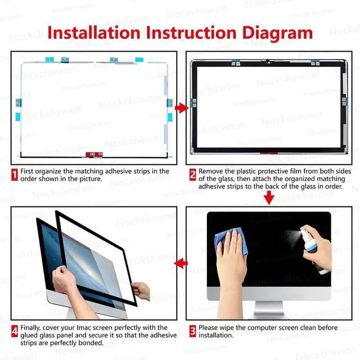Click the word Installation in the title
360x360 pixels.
[94, 33]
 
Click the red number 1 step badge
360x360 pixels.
[15, 175]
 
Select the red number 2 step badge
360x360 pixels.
[192, 175]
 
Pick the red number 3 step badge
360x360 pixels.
[192, 331]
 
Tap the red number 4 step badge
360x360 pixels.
[15, 331]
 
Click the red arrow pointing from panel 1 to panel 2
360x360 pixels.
[182, 107]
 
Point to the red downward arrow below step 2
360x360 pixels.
[269, 197]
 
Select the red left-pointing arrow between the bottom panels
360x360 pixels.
[181, 263]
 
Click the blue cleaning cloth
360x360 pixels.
[231, 241]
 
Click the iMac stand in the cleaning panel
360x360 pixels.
[269, 309]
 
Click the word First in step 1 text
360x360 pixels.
[27, 171]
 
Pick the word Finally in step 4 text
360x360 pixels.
[30, 328]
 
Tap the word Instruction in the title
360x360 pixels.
[191, 33]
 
